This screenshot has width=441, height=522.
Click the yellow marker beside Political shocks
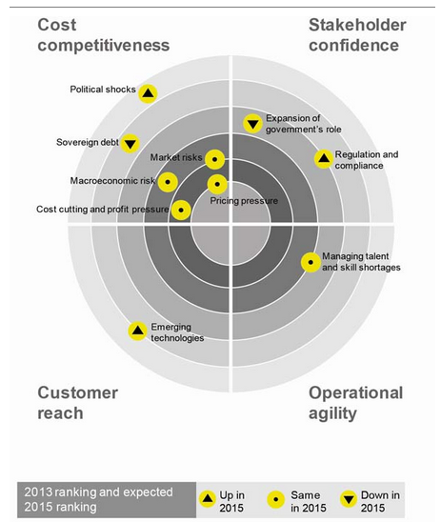pos(148,93)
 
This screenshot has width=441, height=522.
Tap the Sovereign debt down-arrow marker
pos(130,144)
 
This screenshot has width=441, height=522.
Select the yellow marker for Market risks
pos(214,159)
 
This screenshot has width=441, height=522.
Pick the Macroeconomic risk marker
pos(168,182)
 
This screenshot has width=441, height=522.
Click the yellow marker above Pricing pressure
pos(217,184)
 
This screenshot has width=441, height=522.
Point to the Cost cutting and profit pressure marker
pos(181,211)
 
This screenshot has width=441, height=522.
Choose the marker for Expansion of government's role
pos(252,124)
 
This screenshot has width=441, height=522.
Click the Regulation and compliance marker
pos(324,159)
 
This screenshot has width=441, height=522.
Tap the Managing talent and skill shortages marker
pos(311,262)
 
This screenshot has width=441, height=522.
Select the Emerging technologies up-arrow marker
pos(137,331)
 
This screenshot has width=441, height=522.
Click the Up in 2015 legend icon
pos(208,499)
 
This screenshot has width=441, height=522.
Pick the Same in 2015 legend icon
pos(276,499)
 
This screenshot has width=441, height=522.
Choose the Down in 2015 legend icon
pos(349,499)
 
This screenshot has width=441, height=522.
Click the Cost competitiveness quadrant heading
pos(104,35)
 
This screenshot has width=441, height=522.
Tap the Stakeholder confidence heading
pos(357,35)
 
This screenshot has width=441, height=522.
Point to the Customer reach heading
pos(77,403)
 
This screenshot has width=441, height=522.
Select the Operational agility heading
pos(356,404)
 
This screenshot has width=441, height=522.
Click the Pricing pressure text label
pos(244,201)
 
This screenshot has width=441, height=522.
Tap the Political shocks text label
pos(103,90)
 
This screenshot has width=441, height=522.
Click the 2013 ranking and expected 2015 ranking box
pos(107,500)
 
